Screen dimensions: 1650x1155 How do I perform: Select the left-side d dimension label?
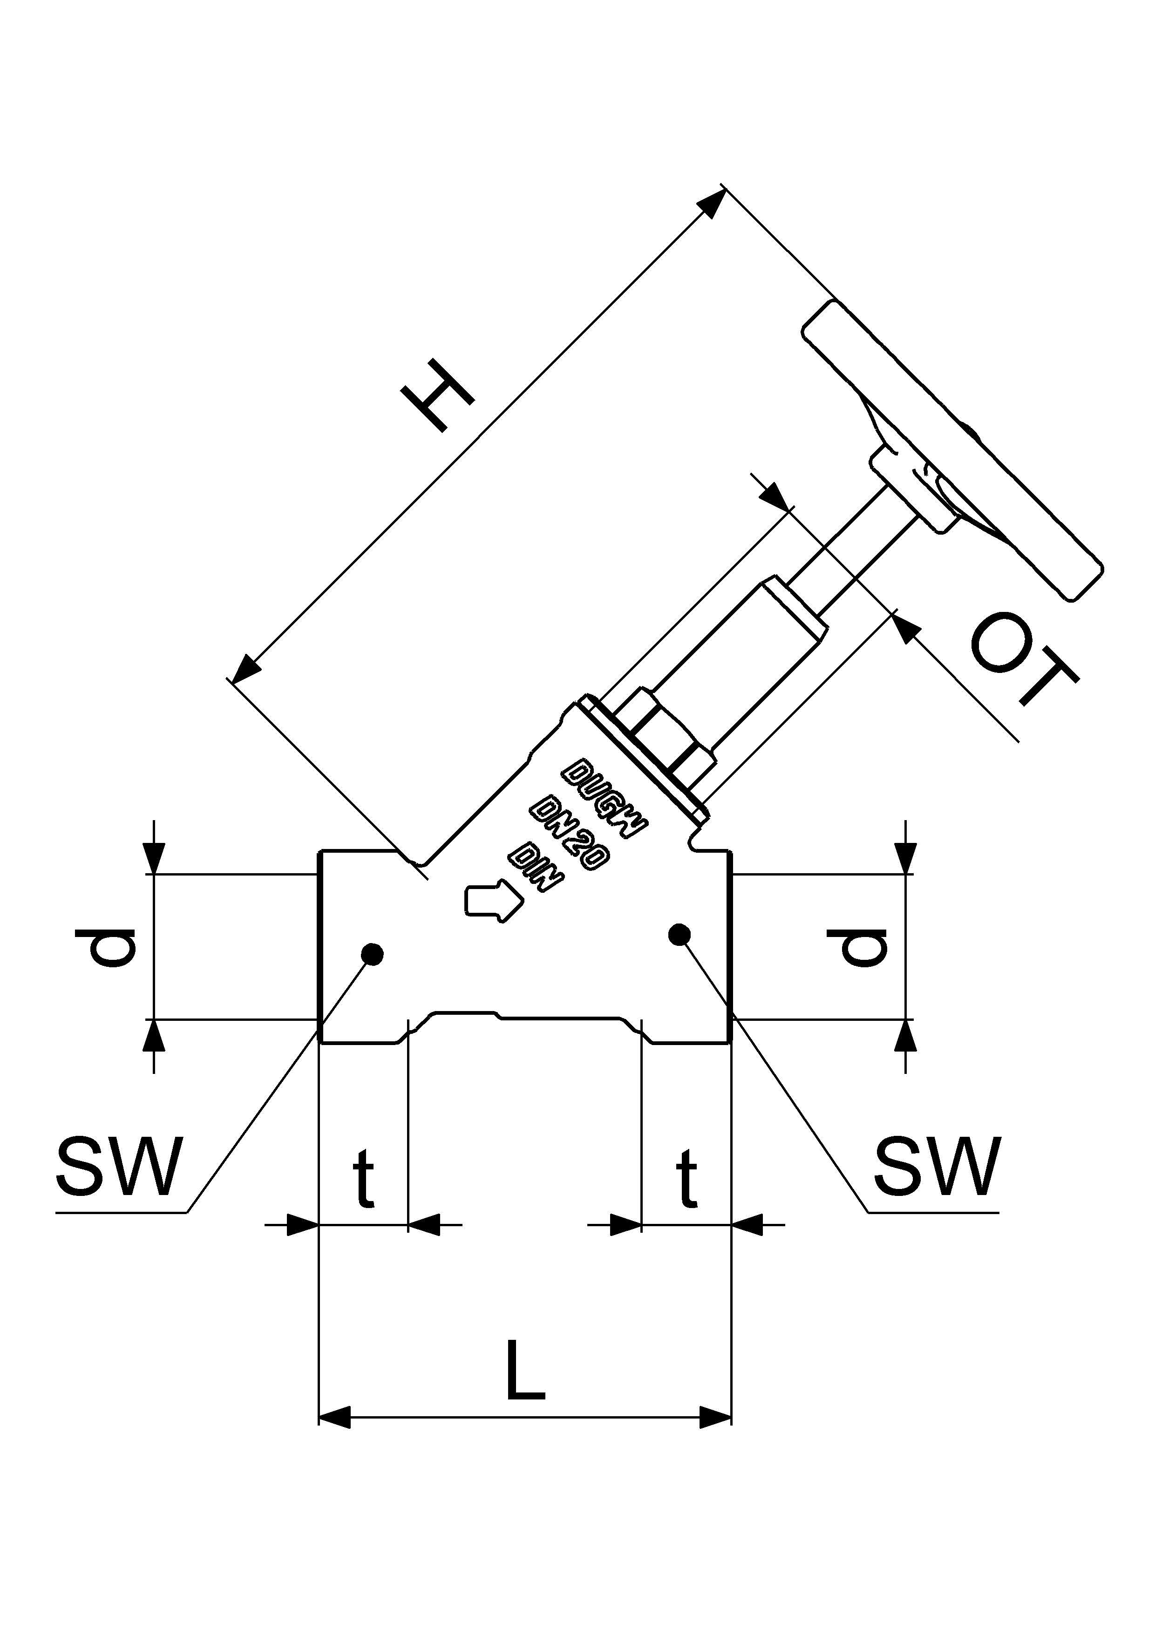point(105,947)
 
